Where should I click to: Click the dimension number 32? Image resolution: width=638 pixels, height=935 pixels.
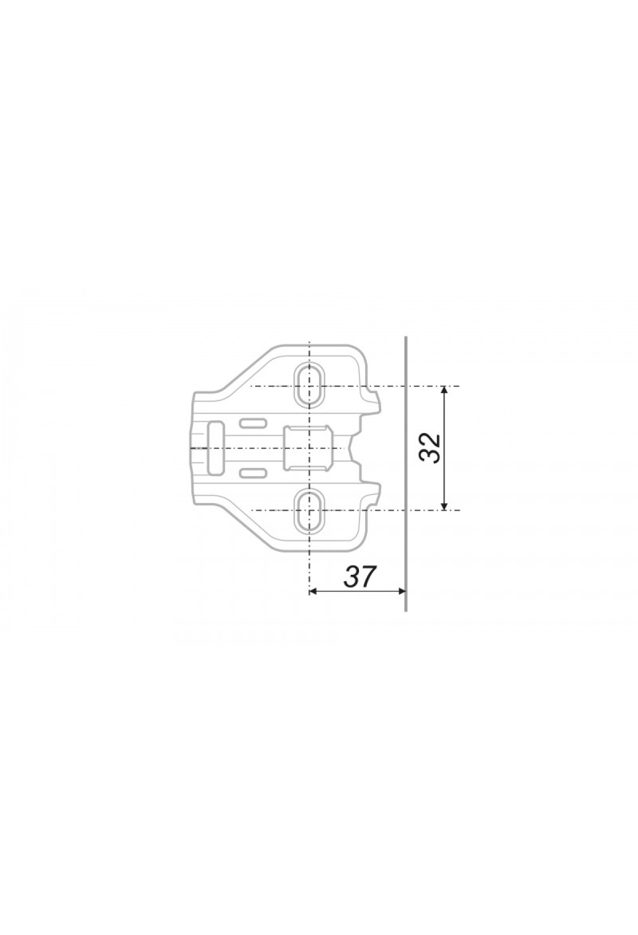click(x=429, y=448)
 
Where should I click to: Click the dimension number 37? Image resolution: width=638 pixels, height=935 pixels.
click(x=360, y=577)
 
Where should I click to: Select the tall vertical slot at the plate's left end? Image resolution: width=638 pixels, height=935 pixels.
click(x=215, y=447)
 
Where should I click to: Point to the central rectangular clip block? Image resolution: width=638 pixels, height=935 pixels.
click(x=309, y=448)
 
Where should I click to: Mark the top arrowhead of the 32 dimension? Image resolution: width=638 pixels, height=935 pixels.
click(x=445, y=391)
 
